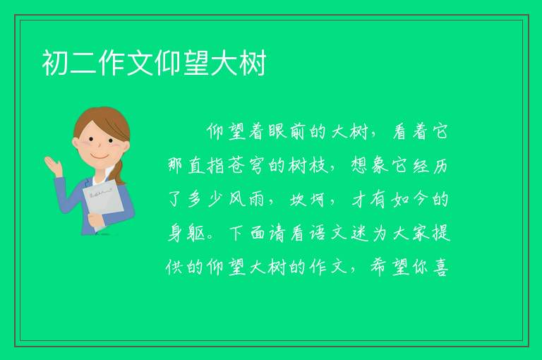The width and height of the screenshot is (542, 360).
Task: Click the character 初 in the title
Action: (55, 63)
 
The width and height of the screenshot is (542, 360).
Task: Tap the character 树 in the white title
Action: (253, 63)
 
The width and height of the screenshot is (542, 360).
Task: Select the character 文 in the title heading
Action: (140, 63)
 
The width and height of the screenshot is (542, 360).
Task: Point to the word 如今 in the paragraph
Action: (410, 200)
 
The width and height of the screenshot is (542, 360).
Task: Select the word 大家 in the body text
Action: (411, 234)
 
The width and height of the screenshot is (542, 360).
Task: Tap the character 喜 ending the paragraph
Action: (441, 268)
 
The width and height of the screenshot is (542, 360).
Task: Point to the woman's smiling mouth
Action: (100, 157)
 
